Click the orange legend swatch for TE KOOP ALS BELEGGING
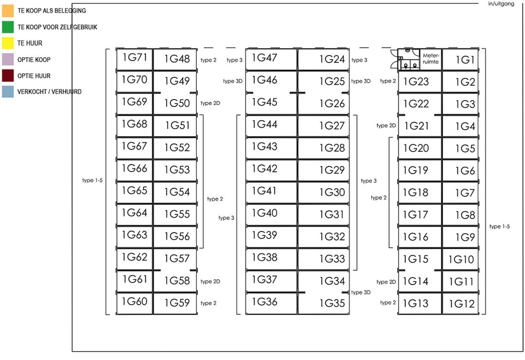8,11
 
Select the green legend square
8,27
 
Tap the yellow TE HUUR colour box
8,43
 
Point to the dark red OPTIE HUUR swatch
8,76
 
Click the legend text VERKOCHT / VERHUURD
49,92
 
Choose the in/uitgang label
501,4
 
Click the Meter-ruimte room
431,59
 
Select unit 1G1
460,59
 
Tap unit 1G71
134,59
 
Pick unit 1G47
271,59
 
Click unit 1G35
323,304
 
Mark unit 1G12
460,304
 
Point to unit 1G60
134,304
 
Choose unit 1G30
323,192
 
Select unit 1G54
175,192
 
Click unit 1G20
420,148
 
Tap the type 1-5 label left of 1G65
92,180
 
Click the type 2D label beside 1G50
210,103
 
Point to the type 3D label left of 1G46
233,81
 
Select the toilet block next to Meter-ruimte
408,59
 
